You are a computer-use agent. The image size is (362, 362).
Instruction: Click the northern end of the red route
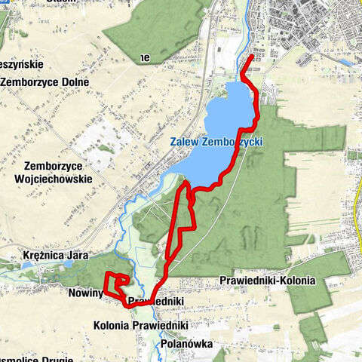[252, 55]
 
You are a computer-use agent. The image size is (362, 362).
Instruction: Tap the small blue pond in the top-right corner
[345, 62]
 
